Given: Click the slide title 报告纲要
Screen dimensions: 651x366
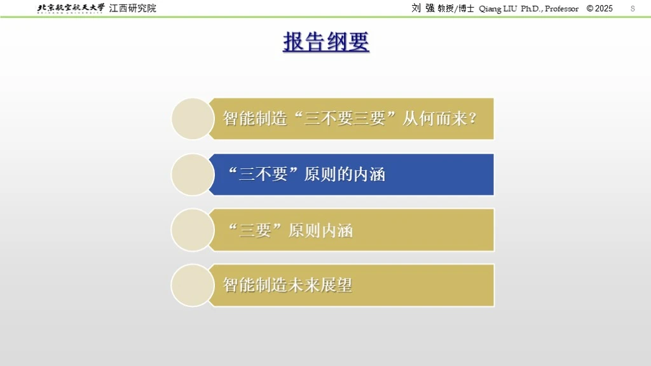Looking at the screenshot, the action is (x=326, y=42).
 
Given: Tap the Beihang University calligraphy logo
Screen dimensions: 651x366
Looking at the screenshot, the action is (x=71, y=8).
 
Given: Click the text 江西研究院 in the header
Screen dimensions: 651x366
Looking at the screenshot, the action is (x=132, y=8).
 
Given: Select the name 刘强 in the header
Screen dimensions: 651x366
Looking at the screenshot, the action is (x=423, y=8).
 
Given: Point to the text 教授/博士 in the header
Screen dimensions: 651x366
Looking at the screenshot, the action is (x=455, y=8).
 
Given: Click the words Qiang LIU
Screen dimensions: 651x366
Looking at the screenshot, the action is (x=498, y=9).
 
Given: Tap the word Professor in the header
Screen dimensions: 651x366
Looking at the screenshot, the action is (x=561, y=9).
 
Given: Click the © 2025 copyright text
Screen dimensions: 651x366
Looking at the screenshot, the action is (x=600, y=8).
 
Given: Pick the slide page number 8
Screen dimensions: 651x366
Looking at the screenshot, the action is (x=633, y=8).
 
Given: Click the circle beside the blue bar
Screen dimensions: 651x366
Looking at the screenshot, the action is (x=193, y=175).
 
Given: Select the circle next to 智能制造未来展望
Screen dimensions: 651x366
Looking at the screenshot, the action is (x=193, y=285).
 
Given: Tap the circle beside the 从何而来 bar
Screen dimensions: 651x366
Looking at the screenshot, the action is (x=193, y=119).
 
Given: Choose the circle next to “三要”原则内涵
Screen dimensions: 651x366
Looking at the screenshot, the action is (x=193, y=230).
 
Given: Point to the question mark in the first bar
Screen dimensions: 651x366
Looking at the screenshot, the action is (x=472, y=119).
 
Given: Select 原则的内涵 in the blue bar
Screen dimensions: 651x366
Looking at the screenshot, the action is (x=345, y=174).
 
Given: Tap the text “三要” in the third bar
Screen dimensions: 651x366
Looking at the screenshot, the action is (x=255, y=230).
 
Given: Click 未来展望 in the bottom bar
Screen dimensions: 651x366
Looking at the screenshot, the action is (x=320, y=285).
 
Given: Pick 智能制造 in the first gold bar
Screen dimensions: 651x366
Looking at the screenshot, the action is (x=255, y=119).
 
